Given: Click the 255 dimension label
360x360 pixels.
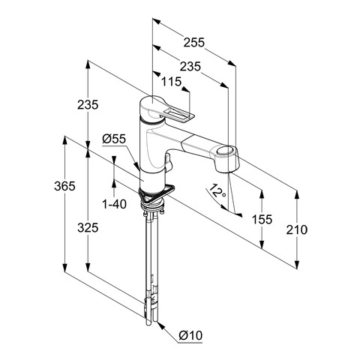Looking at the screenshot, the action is pos(194,42).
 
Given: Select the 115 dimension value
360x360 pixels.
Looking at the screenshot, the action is pos(171,82).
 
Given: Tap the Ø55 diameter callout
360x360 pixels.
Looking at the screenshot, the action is pos(114,139).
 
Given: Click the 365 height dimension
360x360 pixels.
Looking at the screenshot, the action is pos(64,186).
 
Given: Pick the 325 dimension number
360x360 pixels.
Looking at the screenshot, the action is pos(88,228).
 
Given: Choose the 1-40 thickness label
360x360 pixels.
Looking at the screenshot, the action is pos(114,204).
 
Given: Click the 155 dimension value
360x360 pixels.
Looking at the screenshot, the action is pos(262,219).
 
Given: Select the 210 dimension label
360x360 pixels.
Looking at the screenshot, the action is pos(296,229).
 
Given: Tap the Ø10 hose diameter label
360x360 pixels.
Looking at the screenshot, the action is pos(190,335).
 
